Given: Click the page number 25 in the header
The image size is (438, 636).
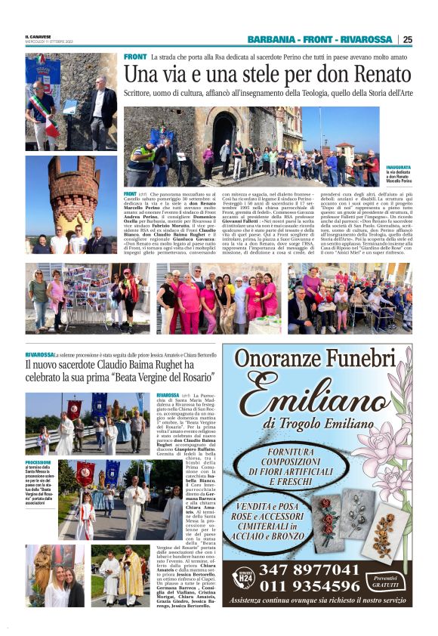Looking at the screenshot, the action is point(408,40).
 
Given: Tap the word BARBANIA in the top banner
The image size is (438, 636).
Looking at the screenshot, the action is point(270,40).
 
